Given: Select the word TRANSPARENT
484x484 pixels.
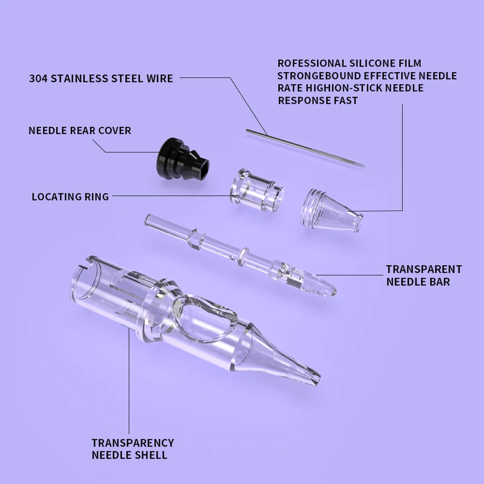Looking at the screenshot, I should pos(423,269).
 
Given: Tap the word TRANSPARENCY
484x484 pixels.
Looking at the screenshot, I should pos(133,442).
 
